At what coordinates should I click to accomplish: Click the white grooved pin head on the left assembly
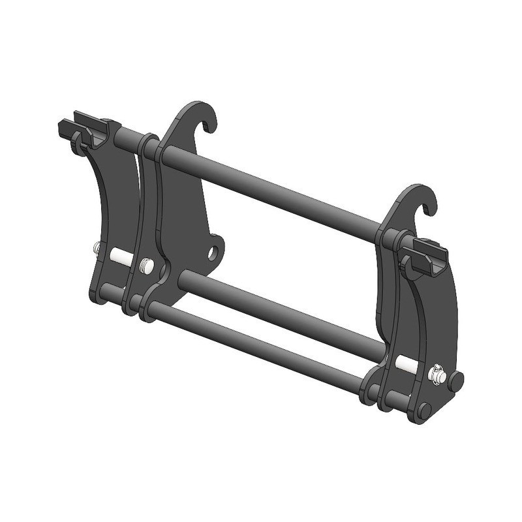tap(145, 264)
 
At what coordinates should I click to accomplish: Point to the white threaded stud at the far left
tap(97, 247)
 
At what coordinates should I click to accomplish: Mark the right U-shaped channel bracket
tap(425, 256)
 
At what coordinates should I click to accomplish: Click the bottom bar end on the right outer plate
tap(424, 410)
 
